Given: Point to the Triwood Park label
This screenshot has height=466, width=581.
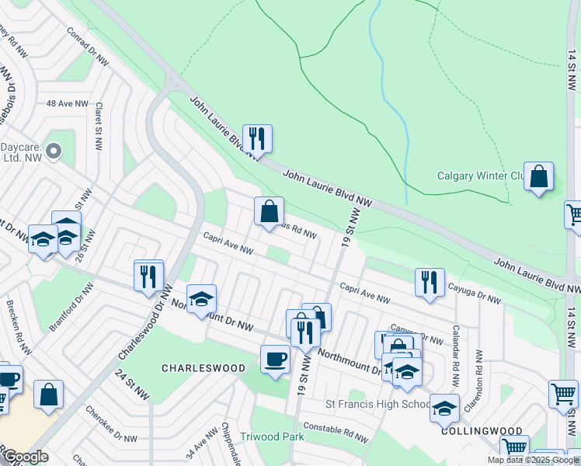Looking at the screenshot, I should click(272, 437).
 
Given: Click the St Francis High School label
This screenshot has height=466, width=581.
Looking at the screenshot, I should click(377, 404).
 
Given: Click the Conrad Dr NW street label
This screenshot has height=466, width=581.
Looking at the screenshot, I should click(85, 46).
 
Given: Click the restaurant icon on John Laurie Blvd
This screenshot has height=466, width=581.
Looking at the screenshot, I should click(257, 139).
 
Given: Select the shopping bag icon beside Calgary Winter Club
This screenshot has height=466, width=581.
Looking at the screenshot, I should click(538, 176).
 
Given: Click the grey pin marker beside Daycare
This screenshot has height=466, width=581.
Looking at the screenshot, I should click(54, 151).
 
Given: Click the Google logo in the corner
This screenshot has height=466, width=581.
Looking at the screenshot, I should click(26, 457).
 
